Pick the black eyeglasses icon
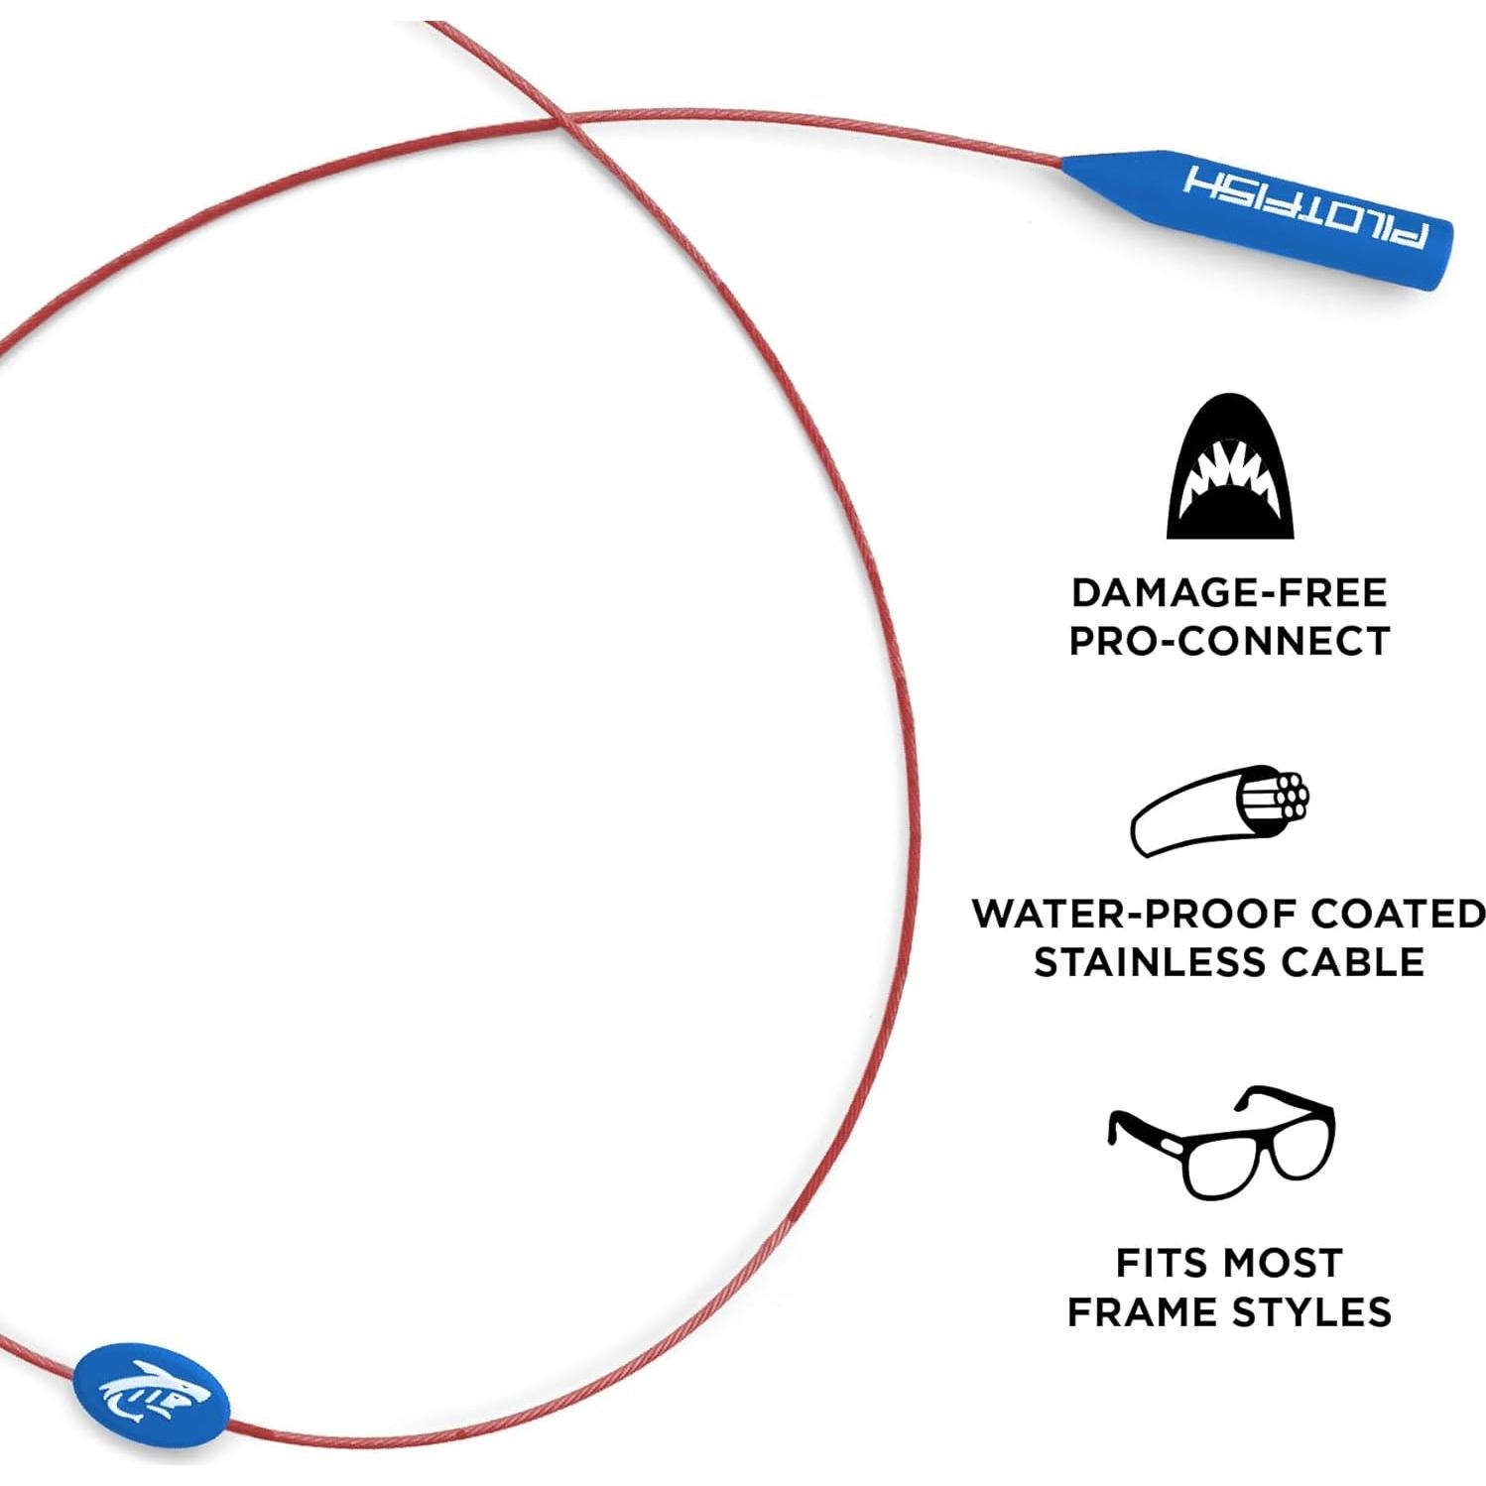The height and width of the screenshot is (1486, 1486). [1222, 1141]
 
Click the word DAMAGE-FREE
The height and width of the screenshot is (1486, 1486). [1229, 593]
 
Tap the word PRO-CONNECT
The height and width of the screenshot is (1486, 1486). [1229, 641]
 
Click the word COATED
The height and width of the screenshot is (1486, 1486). [1398, 914]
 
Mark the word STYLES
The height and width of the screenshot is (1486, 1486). [1310, 1311]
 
